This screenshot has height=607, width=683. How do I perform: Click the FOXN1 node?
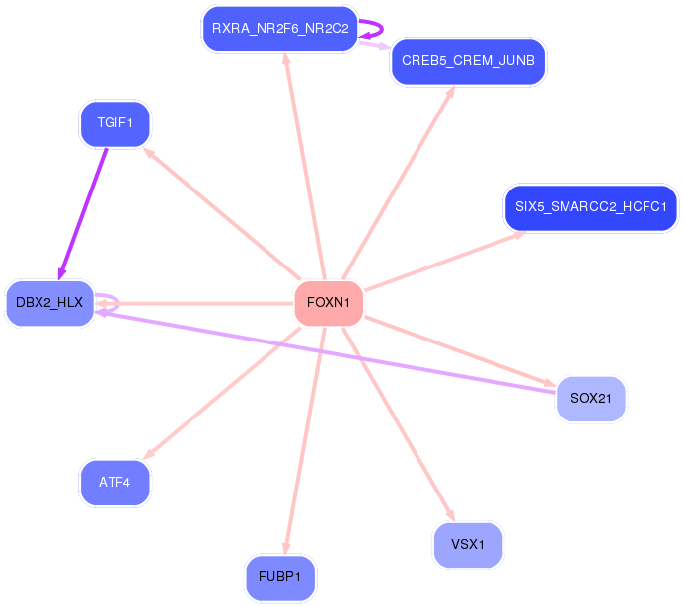coord(329,302)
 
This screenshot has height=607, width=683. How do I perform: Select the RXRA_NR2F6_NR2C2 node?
coord(280,29)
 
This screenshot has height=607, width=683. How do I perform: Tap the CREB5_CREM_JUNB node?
coord(468,62)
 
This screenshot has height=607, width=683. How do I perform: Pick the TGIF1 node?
coord(114,124)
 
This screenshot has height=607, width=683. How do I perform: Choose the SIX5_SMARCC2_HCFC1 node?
coord(590,207)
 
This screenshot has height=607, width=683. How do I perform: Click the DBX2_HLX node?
coord(49,302)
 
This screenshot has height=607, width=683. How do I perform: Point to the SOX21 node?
coord(590,399)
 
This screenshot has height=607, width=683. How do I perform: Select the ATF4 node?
coord(114,482)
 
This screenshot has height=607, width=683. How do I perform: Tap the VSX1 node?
coord(468,545)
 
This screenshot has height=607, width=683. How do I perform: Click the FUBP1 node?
coord(280,577)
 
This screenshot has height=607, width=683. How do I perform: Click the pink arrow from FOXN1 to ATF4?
coord(222,392)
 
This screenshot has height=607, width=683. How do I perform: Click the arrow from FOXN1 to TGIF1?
coord(222,214)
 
